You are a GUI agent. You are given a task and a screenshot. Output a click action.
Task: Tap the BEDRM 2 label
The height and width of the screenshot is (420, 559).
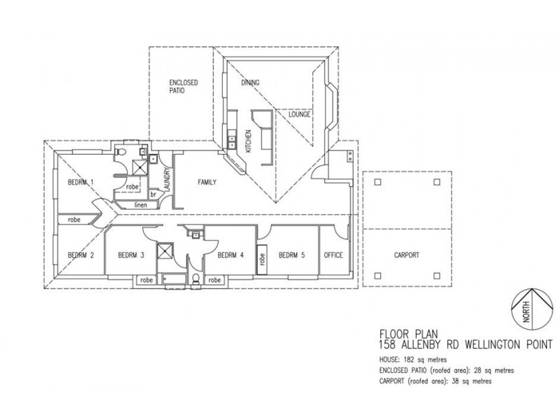pos(81,255)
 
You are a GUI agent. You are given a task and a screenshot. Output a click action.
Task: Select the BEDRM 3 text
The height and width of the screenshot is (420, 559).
pos(131,255)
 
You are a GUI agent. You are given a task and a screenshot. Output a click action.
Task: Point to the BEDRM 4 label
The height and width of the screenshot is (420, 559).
pos(231,255)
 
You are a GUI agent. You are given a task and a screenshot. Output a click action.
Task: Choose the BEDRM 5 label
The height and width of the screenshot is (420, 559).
pos(291,255)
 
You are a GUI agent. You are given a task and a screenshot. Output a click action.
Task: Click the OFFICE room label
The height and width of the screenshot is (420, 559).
pos(333,255)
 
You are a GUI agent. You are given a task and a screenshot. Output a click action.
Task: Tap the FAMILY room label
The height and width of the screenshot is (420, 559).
pos(206,182)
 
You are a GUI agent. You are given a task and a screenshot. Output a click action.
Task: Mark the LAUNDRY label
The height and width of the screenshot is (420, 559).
pos(167,182)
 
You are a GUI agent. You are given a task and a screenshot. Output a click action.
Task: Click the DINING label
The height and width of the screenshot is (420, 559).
pos(250,83)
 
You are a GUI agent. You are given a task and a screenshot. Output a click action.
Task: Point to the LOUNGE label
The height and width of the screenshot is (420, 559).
pos(298,113)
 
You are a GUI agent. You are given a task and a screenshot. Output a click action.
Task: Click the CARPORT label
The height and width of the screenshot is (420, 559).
pos(407,255)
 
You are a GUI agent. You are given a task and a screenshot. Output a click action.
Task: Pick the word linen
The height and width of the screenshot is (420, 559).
pos(140,204)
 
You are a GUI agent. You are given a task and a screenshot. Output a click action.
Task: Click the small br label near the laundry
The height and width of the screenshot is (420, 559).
pos(152,194)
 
